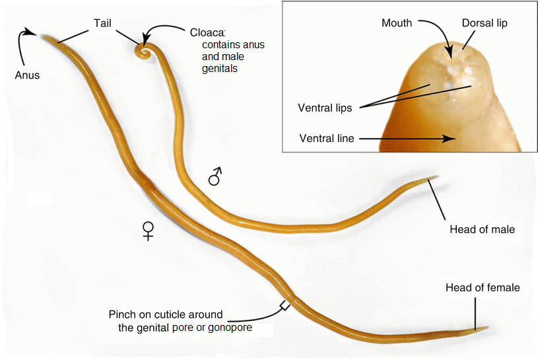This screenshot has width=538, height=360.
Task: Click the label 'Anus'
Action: (x=27, y=75)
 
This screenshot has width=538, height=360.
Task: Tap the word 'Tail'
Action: (x=102, y=23)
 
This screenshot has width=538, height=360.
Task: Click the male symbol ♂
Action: (x=215, y=176)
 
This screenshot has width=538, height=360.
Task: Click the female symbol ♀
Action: (x=149, y=230)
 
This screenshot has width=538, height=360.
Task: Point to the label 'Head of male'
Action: (x=482, y=229)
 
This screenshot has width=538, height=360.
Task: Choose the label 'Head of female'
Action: (x=483, y=287)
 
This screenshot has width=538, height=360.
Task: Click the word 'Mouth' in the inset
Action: (x=397, y=23)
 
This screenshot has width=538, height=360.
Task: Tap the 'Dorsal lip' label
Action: (x=485, y=23)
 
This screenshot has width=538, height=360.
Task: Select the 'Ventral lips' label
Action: (x=325, y=108)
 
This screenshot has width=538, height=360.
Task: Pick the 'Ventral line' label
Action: (x=327, y=139)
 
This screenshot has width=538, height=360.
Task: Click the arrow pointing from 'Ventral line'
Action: (x=409, y=139)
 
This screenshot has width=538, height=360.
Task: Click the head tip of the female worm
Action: (x=487, y=328)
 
